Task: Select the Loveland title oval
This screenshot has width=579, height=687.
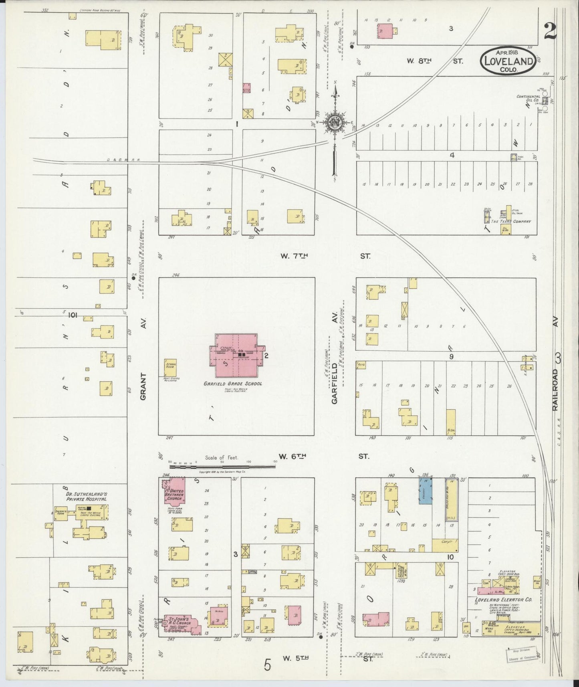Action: click(508, 61)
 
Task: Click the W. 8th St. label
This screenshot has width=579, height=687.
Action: click(435, 61)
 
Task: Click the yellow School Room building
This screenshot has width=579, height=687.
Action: click(171, 368)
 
